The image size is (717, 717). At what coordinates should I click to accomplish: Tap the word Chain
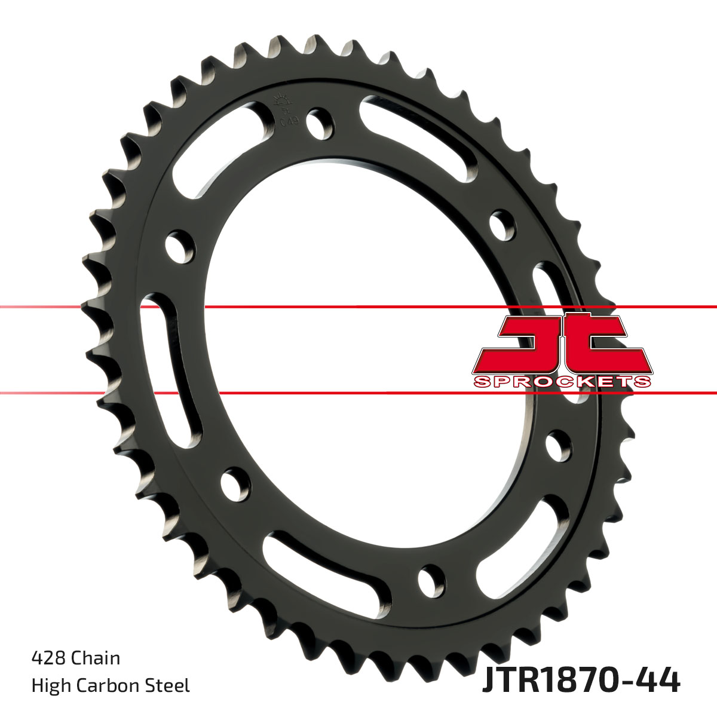point(96,658)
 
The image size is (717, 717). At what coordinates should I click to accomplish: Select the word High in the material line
point(50,685)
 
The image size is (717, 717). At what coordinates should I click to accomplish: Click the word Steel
point(170,685)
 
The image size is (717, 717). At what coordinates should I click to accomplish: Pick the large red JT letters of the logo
point(562,344)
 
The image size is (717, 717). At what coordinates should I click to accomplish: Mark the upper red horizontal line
point(358,307)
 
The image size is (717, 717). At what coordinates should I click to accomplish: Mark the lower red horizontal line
point(358,393)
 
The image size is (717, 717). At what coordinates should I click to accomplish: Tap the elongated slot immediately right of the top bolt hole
point(418,137)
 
